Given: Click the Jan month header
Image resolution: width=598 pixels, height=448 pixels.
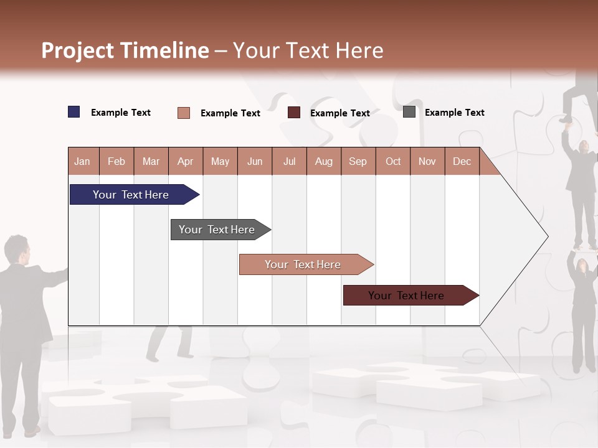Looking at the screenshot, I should [83, 161].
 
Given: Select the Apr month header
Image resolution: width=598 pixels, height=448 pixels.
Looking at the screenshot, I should [186, 161].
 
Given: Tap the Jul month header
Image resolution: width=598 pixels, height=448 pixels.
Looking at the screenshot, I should [289, 161].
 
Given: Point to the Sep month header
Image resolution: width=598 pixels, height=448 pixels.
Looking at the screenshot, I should [358, 161].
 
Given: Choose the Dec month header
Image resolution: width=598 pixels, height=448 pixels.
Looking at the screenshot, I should [462, 161].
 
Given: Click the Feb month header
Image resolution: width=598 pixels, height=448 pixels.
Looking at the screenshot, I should [116, 161].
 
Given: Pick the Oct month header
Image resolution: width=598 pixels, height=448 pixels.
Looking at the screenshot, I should [392, 161].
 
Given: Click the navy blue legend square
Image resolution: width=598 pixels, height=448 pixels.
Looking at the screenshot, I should [74, 112].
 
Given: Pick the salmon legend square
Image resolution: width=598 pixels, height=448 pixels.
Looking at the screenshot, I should [184, 113].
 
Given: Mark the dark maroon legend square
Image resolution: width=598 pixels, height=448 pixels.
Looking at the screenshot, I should [294, 113].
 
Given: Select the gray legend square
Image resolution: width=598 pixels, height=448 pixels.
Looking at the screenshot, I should [409, 112].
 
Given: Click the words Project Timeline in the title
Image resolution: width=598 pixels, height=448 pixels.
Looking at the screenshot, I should [125, 50].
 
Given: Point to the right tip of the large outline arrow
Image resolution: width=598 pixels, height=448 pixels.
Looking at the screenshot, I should [547, 236].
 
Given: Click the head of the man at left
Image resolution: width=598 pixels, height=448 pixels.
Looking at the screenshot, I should [17, 249].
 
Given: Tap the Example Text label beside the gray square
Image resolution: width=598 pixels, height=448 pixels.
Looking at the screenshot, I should [454, 113].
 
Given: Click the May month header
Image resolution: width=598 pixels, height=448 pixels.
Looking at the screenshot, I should [220, 161].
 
